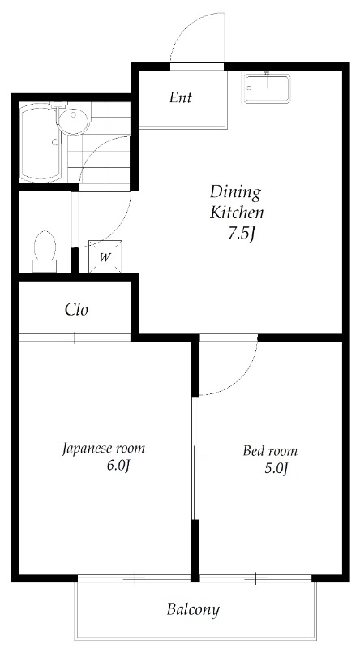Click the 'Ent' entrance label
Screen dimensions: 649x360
point(180,98)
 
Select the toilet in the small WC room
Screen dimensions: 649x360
point(43,250)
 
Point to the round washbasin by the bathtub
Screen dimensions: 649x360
point(74,121)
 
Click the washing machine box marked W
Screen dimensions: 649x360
point(105,257)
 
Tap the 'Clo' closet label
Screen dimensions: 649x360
point(76,309)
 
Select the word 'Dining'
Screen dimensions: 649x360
point(235,192)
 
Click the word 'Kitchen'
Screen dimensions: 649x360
point(237,213)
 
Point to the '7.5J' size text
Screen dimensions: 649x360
point(242,235)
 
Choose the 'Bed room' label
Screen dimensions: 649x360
point(270,451)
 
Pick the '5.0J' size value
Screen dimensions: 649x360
point(276,469)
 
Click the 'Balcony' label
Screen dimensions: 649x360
point(193,608)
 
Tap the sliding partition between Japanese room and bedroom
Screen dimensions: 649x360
point(194,458)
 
